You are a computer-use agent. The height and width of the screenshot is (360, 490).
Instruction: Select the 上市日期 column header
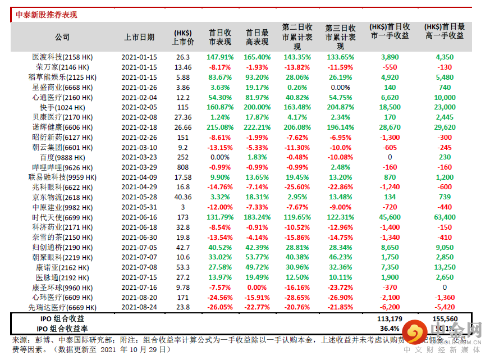click(139, 37)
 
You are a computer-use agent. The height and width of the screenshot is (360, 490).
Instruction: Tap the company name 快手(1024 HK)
click(63, 107)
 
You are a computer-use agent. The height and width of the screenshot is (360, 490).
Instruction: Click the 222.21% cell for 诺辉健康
click(257, 127)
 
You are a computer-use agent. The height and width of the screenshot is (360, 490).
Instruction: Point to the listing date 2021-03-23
click(139, 158)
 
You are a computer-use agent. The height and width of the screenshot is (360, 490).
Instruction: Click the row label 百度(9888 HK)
click(63, 158)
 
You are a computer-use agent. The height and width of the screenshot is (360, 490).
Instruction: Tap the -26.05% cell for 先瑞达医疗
click(219, 308)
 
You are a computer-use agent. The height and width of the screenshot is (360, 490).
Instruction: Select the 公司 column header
click(62, 37)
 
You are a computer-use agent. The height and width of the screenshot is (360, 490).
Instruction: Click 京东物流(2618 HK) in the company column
click(63, 198)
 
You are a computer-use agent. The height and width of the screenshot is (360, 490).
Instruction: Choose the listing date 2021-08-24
click(139, 308)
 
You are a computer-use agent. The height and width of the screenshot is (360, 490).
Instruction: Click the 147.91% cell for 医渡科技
click(219, 57)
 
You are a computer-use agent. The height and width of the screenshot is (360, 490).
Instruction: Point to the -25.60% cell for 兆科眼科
click(297, 188)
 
